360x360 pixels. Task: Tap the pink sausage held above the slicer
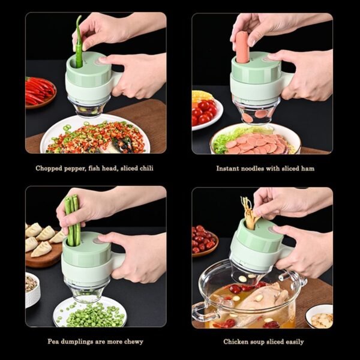[242, 47]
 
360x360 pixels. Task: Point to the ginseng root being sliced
[247, 213]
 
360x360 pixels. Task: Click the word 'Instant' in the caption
[229, 169]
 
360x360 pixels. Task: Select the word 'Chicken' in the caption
[236, 341]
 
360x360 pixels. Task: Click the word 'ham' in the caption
[307, 169]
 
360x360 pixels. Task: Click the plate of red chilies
[40, 92]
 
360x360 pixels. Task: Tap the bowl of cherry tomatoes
[205, 112]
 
